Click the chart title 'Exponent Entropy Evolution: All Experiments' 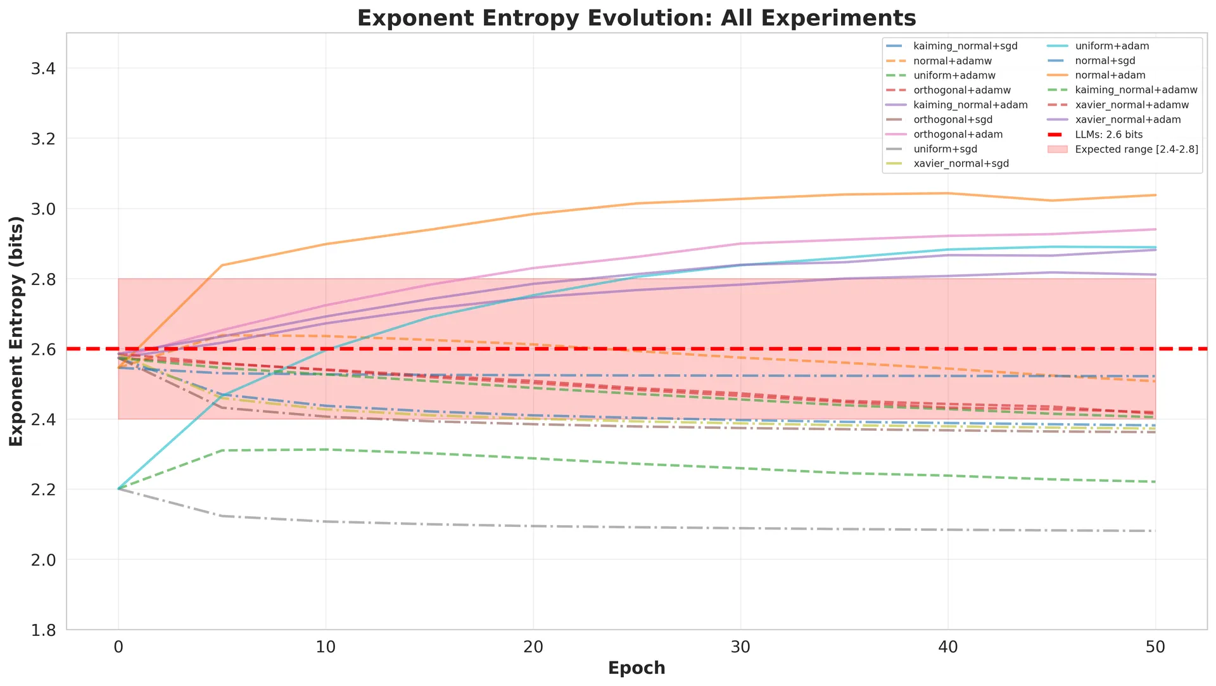click(636, 18)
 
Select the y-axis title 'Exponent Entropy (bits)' click(16, 331)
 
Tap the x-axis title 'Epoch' click(636, 668)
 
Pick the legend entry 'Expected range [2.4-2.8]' click(1136, 149)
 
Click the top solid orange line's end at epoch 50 click(1156, 195)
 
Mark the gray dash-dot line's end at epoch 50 click(1156, 531)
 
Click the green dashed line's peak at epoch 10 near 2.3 click(326, 449)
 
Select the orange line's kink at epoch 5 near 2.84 click(222, 265)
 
